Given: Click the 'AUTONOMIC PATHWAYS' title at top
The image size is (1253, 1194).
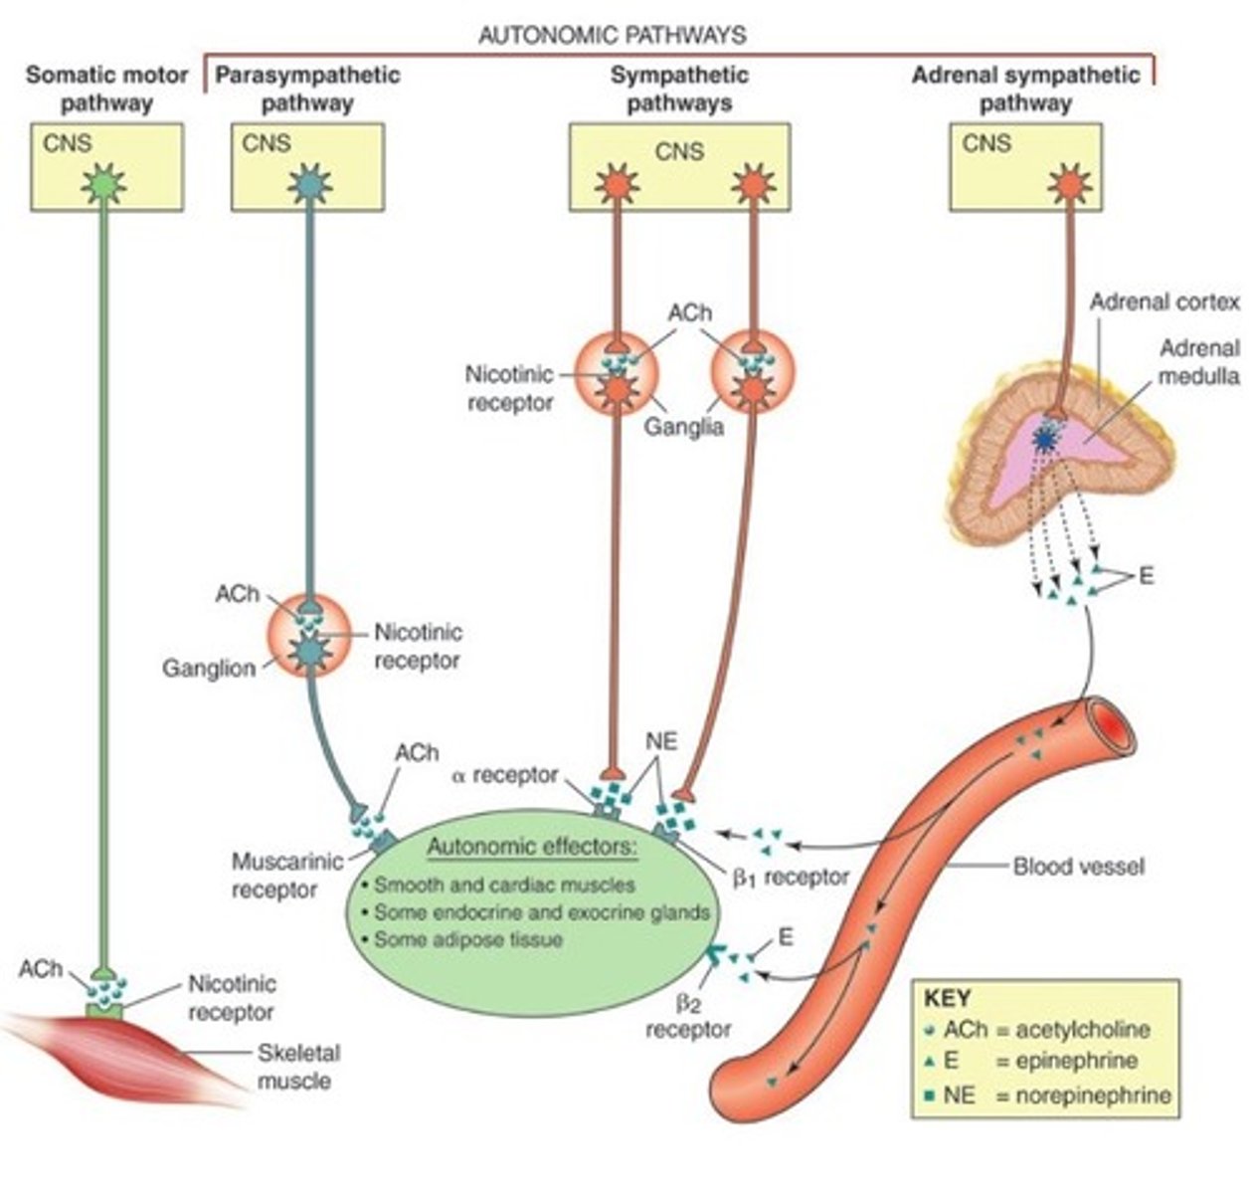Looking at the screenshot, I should point(612,36).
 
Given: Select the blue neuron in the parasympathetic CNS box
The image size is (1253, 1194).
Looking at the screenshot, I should point(308,184).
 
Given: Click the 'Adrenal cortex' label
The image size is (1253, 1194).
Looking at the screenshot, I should point(1164,301).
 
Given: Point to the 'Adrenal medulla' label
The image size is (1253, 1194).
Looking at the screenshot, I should point(1198,362).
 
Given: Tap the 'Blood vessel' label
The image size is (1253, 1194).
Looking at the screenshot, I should point(1078,867).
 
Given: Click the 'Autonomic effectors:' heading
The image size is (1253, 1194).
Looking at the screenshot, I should point(531,849).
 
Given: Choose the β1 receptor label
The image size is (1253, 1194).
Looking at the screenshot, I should point(792,877).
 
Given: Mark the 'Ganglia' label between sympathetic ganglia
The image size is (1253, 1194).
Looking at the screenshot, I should point(683,428).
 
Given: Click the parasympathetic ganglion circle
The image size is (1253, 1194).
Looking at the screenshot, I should point(308,638).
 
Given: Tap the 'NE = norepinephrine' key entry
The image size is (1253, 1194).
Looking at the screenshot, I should point(1047,1096).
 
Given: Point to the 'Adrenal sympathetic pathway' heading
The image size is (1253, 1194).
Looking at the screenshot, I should point(1025,88).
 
